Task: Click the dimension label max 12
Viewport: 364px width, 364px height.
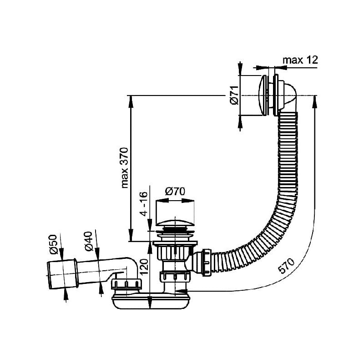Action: tap(300, 60)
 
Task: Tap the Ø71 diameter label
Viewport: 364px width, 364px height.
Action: tap(235, 95)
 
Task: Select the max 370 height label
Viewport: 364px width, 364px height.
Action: tap(125, 167)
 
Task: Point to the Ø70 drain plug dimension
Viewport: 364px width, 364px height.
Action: tap(175, 192)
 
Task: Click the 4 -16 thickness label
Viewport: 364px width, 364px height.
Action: tap(144, 204)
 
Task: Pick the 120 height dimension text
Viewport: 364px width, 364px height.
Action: tap(144, 267)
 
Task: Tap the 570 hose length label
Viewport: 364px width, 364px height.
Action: tap(286, 266)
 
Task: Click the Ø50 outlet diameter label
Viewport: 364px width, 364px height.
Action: tap(53, 244)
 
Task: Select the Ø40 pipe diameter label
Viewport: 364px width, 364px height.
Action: tap(88, 242)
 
